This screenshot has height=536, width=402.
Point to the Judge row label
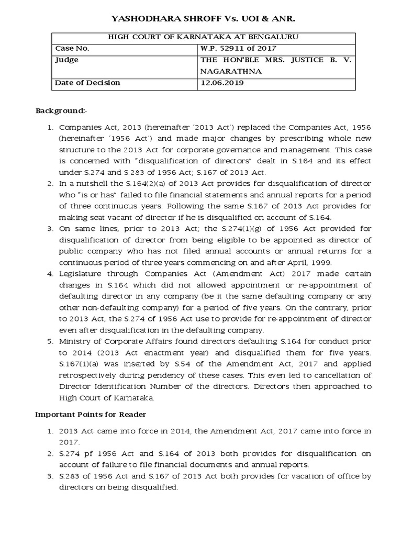coord(67,60)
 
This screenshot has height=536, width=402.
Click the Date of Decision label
coord(87,83)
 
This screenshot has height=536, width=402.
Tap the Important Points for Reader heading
coord(91,414)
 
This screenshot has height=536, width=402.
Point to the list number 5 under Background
coord(50,341)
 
